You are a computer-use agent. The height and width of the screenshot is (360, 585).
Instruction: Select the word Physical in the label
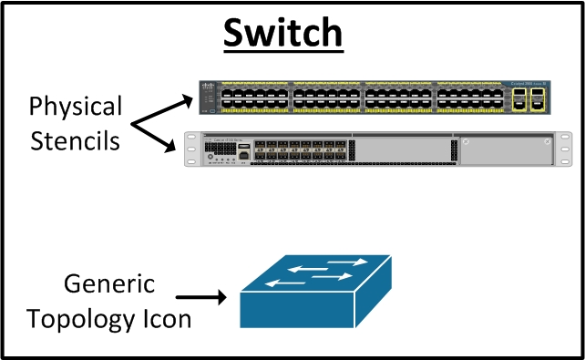pyautogui.click(x=75, y=107)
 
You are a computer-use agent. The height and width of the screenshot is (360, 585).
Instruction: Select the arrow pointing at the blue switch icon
pyautogui.click(x=200, y=297)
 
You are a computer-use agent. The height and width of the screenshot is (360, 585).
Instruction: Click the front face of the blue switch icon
pyautogui.click(x=297, y=310)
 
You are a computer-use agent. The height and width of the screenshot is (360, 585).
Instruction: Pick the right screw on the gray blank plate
pyautogui.click(x=545, y=143)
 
